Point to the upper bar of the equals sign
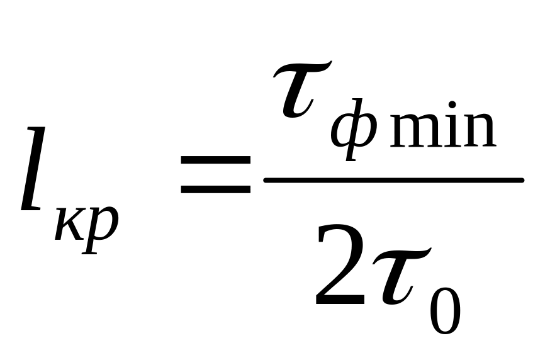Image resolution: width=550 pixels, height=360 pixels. point(214,160)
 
